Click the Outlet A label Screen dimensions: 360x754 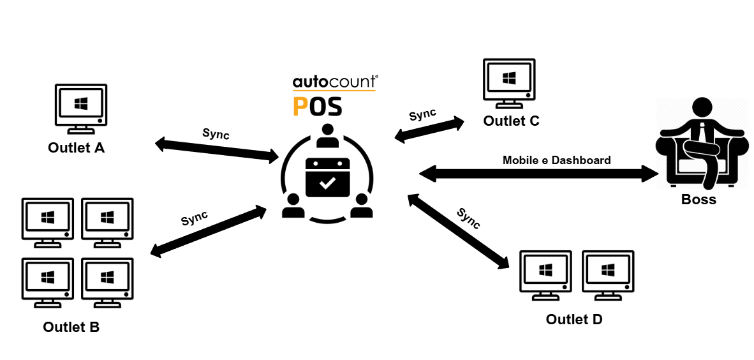pos(76,148)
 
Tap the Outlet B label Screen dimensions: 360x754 pos(71,327)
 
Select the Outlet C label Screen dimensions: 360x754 pos(511,121)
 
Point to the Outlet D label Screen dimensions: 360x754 pos(573,319)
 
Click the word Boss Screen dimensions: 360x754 pos(699,199)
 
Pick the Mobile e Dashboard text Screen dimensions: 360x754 pos(556,160)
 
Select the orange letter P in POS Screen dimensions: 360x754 pos(300,106)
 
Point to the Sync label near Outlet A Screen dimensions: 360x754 pos(216,134)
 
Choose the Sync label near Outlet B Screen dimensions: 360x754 pos(195,218)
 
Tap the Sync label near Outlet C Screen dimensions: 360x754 pos(422,116)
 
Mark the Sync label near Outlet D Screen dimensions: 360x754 pos(468,218)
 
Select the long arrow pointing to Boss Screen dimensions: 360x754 pos(538,172)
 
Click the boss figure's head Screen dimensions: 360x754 pos(702,107)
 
